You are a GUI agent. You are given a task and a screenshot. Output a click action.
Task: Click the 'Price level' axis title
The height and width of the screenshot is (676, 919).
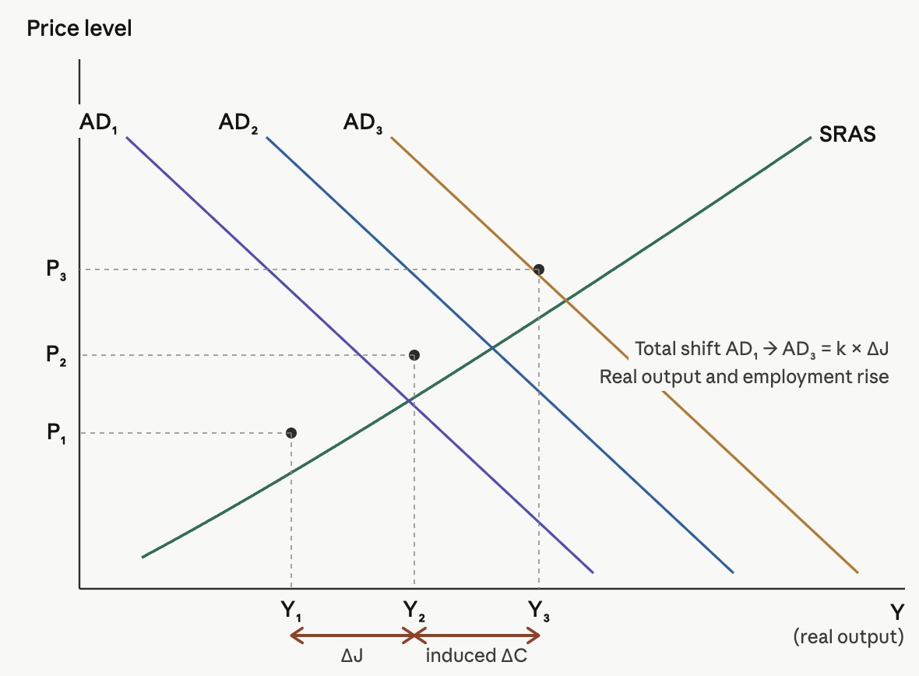coord(79,29)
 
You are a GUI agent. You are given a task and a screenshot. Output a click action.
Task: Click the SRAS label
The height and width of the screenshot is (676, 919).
coord(847,135)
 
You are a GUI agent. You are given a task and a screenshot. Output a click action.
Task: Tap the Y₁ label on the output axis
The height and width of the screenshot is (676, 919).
coord(290,610)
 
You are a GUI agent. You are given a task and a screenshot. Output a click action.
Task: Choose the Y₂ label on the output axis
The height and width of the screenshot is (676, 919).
coord(414,610)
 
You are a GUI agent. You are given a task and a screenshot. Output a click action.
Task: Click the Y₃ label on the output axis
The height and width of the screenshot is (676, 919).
coord(538,610)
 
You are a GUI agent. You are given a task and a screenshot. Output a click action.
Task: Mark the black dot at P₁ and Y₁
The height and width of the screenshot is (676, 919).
coord(290,432)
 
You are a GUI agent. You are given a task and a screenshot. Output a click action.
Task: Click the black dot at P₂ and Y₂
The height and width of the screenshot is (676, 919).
coord(414,355)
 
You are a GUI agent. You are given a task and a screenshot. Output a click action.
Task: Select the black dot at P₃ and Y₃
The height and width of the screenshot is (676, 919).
coord(538,269)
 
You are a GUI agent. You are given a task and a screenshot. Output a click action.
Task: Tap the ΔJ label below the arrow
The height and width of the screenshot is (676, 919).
coord(352,656)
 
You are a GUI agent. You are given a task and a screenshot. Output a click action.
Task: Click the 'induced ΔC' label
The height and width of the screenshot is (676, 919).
coord(477,656)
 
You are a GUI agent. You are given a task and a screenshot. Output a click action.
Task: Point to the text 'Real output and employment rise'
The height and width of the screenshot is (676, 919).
coord(744,377)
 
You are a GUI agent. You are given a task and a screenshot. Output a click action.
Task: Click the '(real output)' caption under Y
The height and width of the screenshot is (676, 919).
coord(848,636)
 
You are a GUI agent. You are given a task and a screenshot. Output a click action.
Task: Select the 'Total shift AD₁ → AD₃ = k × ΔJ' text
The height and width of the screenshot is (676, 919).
coord(762,348)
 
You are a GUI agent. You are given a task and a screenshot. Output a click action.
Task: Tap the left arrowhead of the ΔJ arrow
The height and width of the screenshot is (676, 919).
coord(294,636)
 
